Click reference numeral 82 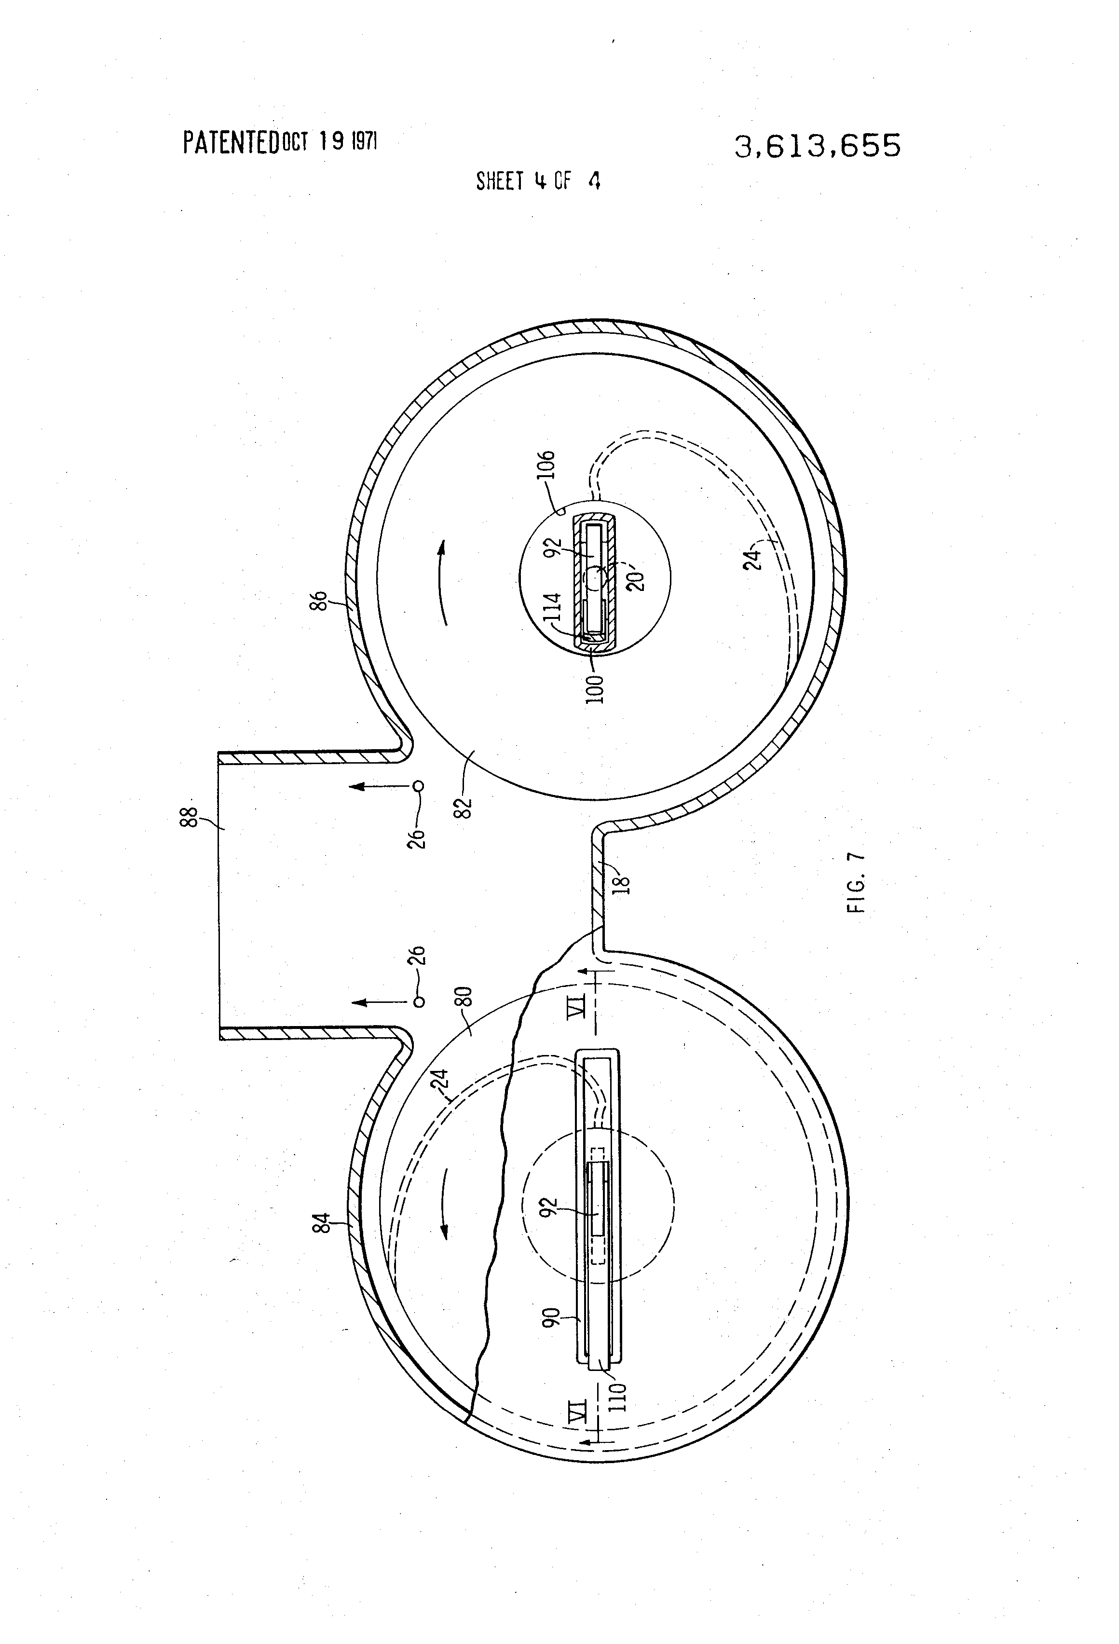pyautogui.click(x=464, y=800)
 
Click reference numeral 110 pyautogui.click(x=617, y=1396)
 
